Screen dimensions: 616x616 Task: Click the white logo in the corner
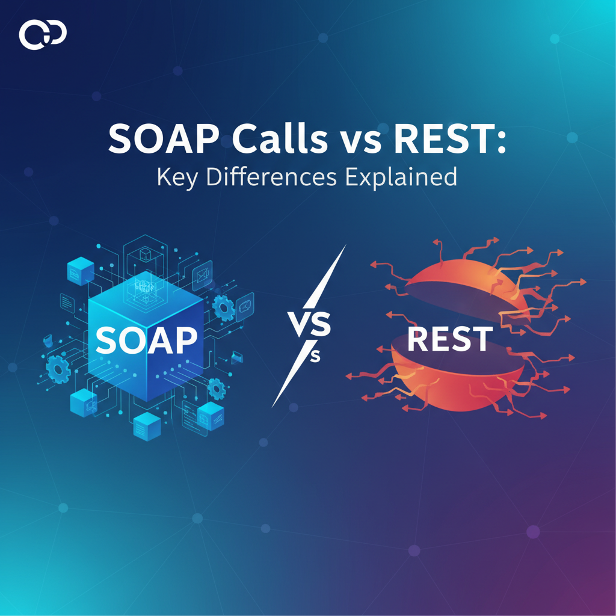pos(42,34)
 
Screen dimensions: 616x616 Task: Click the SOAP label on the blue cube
pos(146,341)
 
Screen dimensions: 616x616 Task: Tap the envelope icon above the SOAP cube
pos(203,277)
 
